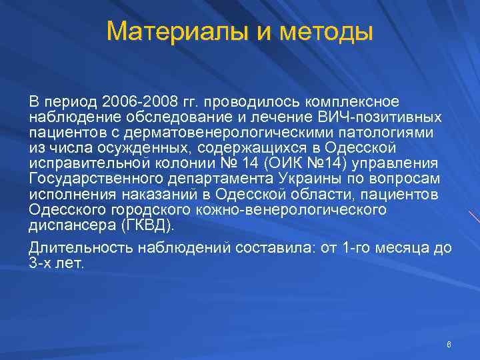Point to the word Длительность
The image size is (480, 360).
click(x=80, y=248)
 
